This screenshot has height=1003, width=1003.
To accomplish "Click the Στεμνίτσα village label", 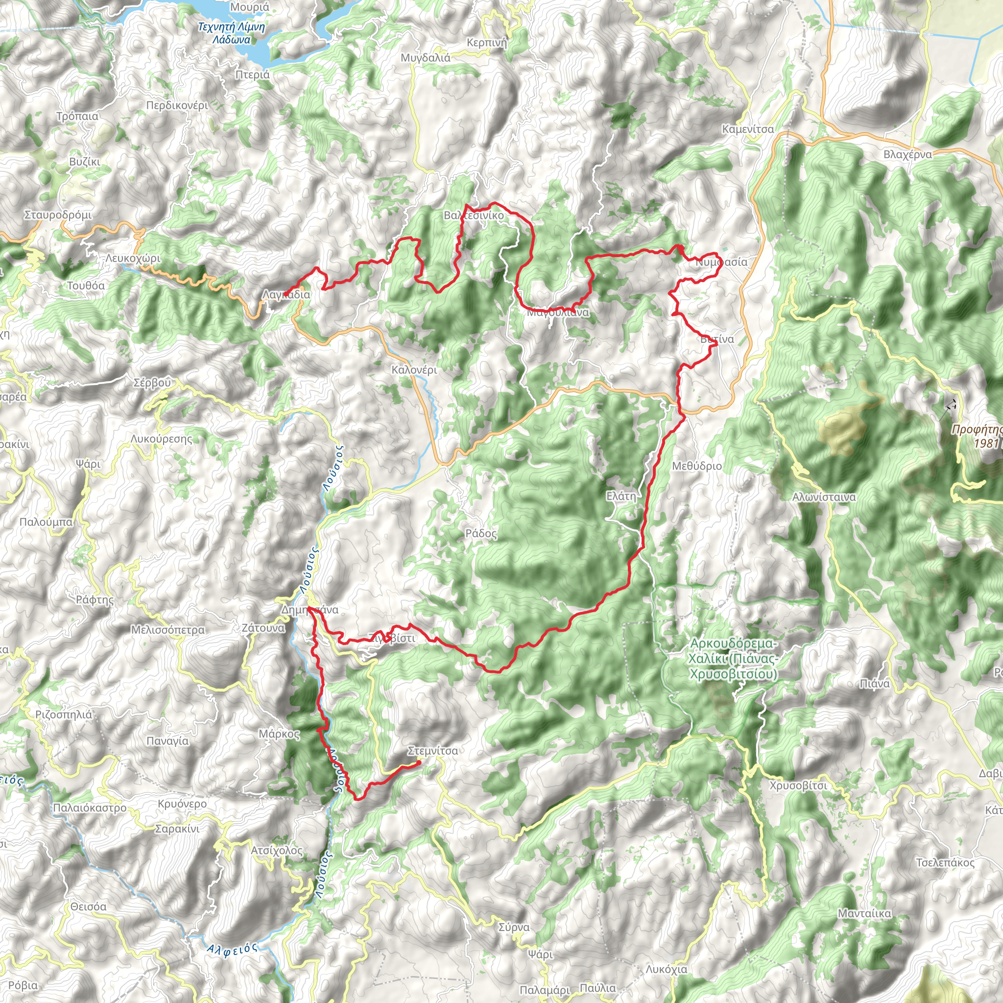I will click(x=432, y=751).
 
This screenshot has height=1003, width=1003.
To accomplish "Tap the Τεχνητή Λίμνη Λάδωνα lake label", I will click(x=232, y=33).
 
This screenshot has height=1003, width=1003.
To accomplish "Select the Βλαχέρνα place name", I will click(x=907, y=154).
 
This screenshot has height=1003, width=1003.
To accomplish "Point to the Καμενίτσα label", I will click(x=747, y=129).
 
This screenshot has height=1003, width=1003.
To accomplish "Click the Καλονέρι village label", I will click(x=414, y=370).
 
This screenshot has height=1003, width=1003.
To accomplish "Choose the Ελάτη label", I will click(x=621, y=496).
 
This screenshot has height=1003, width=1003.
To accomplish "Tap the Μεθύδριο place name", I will click(x=697, y=466).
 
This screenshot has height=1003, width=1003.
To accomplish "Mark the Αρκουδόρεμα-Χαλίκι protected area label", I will click(x=733, y=659).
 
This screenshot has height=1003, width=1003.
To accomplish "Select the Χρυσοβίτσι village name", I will click(x=798, y=786).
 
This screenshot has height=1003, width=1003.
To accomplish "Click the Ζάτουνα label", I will click(x=263, y=628).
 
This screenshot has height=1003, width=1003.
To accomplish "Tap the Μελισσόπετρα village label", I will click(x=167, y=630).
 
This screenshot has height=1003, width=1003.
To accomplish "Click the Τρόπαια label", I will click(x=77, y=116).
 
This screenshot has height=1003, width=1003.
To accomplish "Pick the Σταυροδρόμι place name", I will click(x=58, y=215).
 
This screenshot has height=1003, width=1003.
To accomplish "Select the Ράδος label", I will click(x=481, y=533).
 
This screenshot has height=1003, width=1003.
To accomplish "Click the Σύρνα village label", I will click(x=514, y=927).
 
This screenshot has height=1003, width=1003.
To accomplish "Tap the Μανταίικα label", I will click(x=864, y=913).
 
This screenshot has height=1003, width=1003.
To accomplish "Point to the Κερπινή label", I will click(x=486, y=43).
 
